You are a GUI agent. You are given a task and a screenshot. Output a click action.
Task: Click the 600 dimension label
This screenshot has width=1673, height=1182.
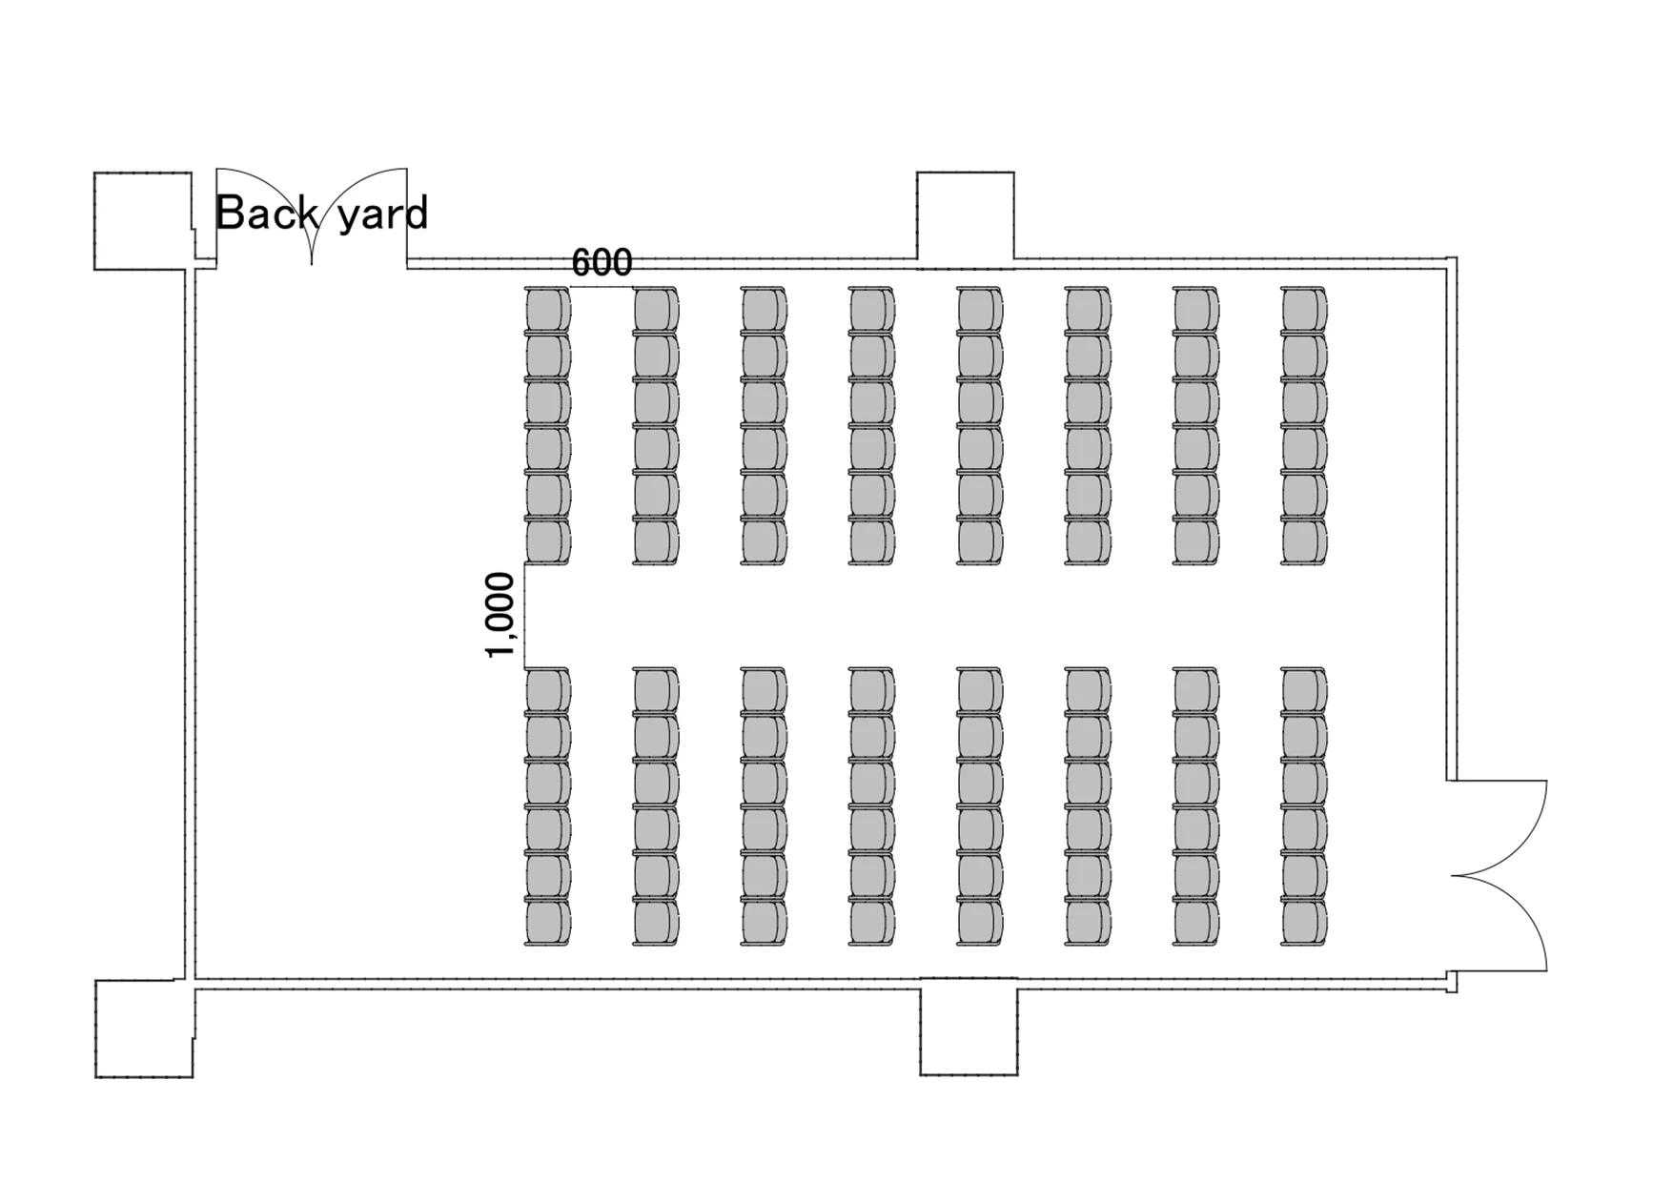[602, 261]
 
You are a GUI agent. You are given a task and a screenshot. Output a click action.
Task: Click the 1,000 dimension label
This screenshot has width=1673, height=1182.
[500, 615]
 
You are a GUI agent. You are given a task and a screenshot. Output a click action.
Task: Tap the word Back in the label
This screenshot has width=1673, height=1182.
[267, 213]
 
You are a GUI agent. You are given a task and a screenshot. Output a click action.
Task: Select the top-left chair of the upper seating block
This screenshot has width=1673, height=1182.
[548, 310]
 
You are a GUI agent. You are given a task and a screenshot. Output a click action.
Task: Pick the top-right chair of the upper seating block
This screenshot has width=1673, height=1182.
[1304, 310]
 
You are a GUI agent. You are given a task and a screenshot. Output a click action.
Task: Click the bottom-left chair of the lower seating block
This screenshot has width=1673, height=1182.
[548, 923]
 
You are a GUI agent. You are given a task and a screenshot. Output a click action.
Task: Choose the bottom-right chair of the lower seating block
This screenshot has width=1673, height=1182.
[1304, 923]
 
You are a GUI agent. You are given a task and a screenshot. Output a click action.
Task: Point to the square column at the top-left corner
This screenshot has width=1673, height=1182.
[142, 221]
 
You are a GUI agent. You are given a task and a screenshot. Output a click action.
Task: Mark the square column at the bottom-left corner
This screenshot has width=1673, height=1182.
[144, 1029]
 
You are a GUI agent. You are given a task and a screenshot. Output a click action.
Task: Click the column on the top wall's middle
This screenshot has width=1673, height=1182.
[966, 217]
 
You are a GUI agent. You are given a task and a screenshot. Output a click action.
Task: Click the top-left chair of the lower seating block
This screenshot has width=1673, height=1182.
[548, 691]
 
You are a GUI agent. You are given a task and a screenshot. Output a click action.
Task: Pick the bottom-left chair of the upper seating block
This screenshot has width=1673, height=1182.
[548, 542]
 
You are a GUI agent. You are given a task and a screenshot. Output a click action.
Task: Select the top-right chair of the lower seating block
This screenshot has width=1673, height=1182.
[1304, 691]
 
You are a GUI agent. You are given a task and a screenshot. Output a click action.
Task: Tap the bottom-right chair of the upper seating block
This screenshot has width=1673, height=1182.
[1304, 542]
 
